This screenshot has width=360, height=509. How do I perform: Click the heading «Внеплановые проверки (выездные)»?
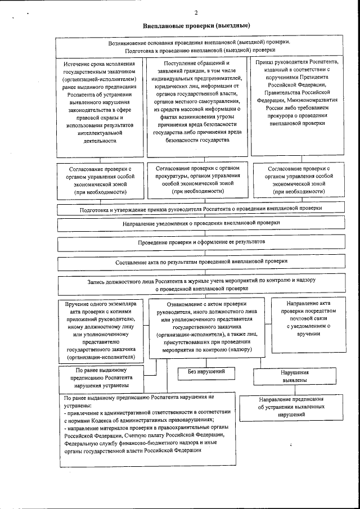click(196, 26)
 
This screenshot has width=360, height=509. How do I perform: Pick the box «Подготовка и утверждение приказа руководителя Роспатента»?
click(201, 208)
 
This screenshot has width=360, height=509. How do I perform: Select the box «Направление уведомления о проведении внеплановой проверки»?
click(201, 223)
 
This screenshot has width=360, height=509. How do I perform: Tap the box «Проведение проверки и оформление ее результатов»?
click(201, 242)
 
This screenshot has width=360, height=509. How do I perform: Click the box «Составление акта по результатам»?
click(201, 262)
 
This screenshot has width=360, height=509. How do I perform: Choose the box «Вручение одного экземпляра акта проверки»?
click(100, 330)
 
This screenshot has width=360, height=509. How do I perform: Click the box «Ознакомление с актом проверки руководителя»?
click(204, 326)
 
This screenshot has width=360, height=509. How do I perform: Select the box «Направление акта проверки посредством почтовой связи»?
click(304, 318)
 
